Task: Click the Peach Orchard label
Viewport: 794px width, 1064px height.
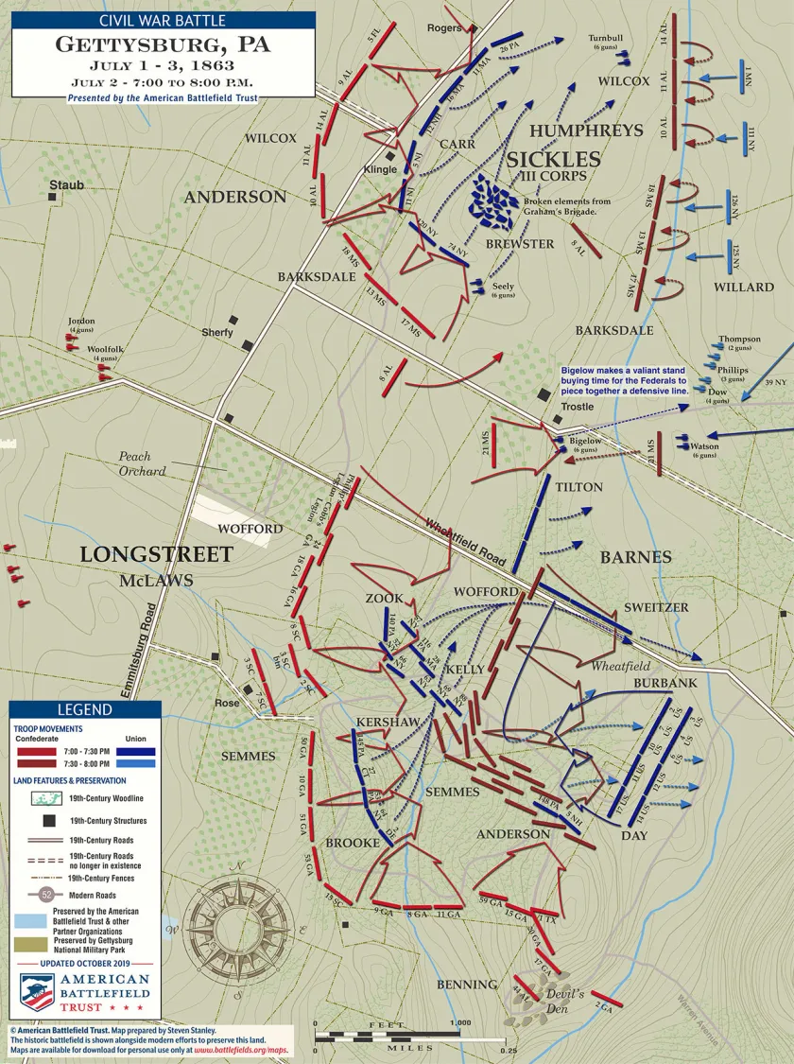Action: (x=142, y=463)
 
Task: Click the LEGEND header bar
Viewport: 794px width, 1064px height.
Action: (x=84, y=709)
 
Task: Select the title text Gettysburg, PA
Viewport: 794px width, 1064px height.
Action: (x=163, y=44)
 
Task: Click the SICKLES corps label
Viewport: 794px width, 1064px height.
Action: (x=553, y=158)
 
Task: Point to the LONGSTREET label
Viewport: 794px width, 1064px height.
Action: (x=156, y=554)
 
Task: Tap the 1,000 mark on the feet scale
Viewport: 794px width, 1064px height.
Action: (x=460, y=1022)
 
